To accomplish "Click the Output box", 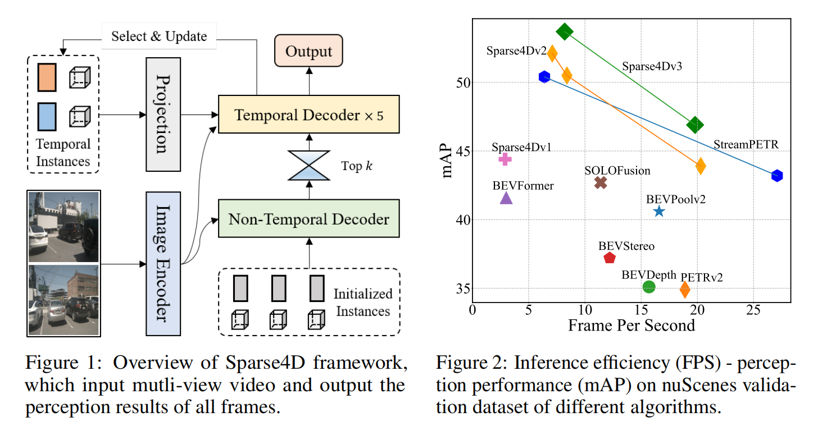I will [x=308, y=52].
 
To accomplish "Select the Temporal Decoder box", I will [x=308, y=115].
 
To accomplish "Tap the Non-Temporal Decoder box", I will [x=308, y=218].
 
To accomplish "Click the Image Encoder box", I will [x=163, y=264].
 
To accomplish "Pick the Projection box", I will [x=163, y=113].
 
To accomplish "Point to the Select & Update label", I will [x=159, y=36].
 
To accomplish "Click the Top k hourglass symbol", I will [x=308, y=166].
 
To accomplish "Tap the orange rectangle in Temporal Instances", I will [x=46, y=77].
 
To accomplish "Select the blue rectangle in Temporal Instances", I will [x=46, y=116].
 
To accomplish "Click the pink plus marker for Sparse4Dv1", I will [x=505, y=159].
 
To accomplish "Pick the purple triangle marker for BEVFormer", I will [x=506, y=198].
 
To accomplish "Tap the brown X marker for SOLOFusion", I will [x=601, y=182].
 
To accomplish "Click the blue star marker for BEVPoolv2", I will [x=659, y=211].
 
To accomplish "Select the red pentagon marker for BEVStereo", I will [x=610, y=258].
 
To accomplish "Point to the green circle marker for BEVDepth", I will [x=649, y=287].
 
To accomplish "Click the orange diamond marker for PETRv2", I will [x=685, y=290].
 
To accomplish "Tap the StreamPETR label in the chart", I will [x=746, y=145].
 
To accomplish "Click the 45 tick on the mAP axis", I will [x=461, y=151].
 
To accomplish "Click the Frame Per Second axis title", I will [x=631, y=325].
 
